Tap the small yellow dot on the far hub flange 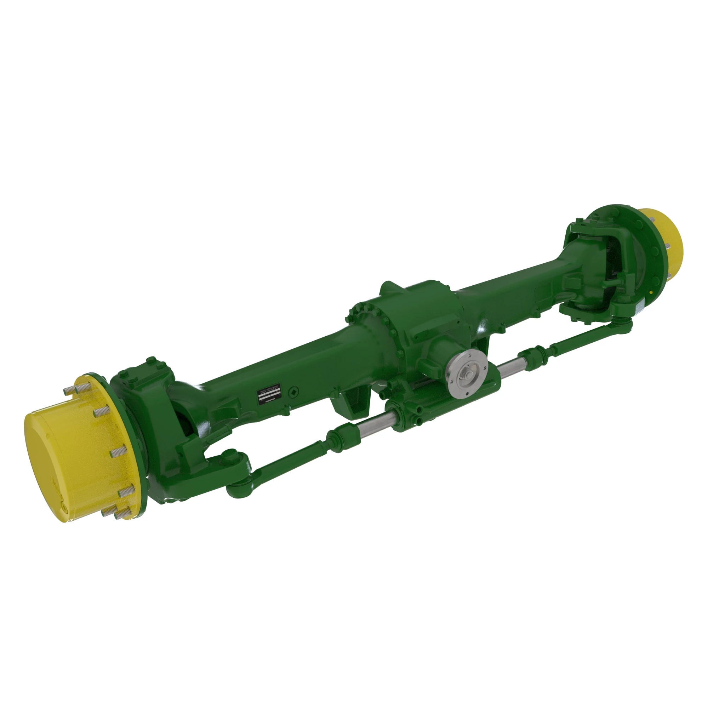click(x=650, y=292)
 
